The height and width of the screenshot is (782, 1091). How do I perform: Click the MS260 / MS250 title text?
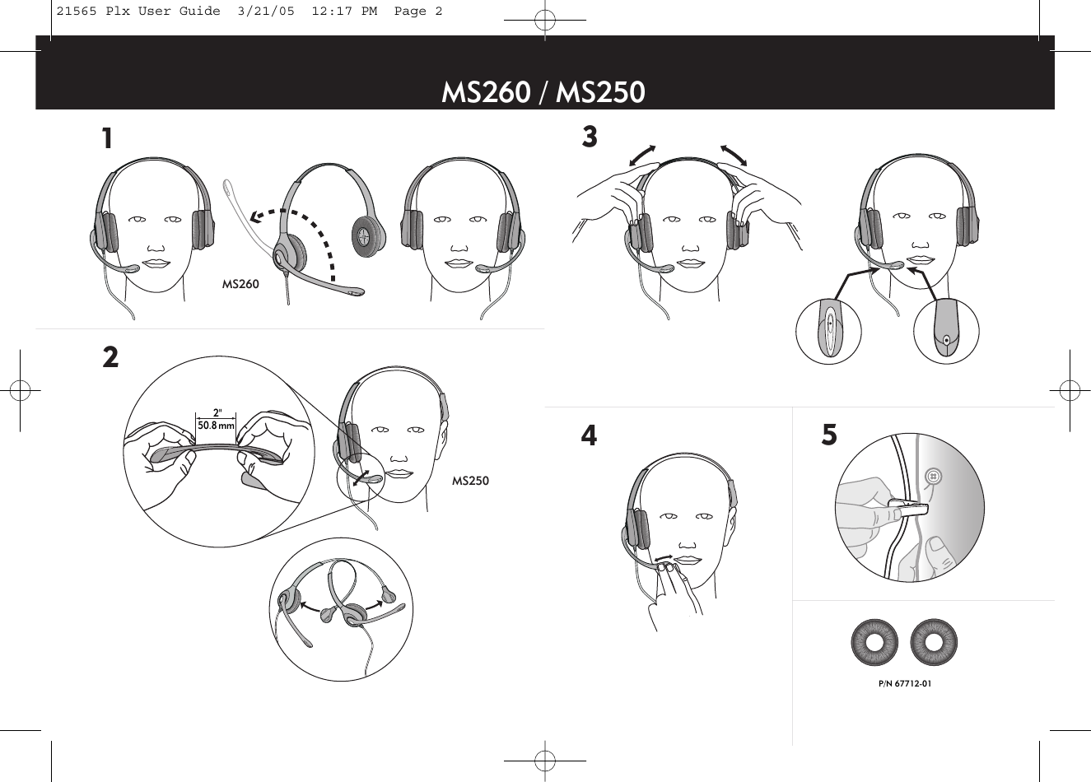543,92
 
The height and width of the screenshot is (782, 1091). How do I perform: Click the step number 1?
107,139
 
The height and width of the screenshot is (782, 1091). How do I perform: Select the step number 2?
110,357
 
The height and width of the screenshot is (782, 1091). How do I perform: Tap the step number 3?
590,137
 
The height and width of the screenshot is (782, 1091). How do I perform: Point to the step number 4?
589,435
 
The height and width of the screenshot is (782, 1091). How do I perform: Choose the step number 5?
829,435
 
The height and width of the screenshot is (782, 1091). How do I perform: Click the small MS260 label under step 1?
240,284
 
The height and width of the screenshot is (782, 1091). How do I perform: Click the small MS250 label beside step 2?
470,481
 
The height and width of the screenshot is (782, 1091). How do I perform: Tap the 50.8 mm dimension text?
216,426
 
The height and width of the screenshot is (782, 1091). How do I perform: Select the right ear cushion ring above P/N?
934,642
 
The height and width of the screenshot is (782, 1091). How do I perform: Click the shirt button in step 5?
933,476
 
